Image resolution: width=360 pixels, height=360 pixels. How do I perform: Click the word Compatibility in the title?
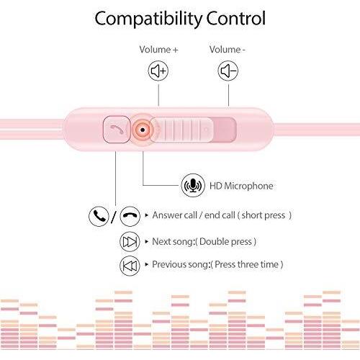point(148,19)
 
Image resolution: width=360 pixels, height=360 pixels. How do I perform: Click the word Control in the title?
point(236,18)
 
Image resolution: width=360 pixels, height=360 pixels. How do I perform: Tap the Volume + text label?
point(158,50)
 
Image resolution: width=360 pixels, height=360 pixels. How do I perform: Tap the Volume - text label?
point(227,50)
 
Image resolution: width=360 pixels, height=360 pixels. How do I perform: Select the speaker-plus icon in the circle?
point(158,71)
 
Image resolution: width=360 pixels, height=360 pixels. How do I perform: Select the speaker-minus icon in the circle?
point(228,71)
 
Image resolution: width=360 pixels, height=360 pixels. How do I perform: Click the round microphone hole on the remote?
point(143,130)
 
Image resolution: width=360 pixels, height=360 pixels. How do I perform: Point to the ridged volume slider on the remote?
point(181,130)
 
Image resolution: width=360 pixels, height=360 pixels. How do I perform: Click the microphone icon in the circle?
point(193,186)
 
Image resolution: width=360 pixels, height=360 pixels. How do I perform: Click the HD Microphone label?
point(241,186)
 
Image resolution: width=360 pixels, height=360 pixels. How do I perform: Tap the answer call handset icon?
point(99,216)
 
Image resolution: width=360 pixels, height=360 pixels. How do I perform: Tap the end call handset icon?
point(130,216)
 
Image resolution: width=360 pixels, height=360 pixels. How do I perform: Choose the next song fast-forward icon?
point(130,242)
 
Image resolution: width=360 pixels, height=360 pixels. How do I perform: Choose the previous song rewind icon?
point(130,266)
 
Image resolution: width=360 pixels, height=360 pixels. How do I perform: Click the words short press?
point(264,215)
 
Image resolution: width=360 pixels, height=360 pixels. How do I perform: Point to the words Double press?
point(225,242)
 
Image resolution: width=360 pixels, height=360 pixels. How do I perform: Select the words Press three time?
point(246,264)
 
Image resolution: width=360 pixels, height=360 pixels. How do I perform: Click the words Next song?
point(173,242)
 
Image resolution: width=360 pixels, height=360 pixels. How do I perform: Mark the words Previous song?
point(181,264)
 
